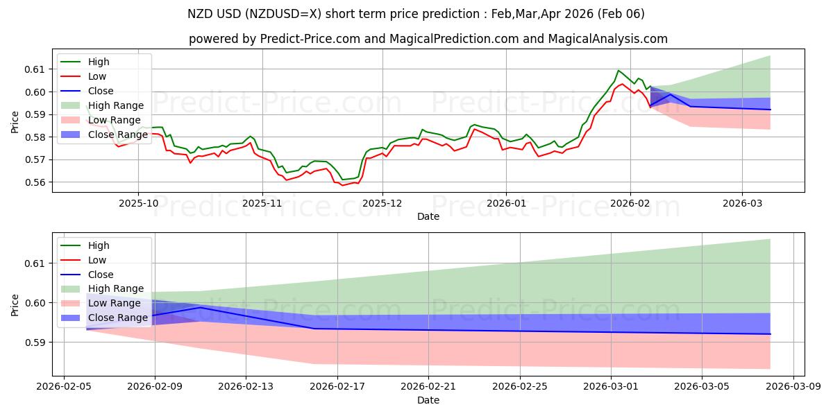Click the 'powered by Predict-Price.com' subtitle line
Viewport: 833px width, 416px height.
(x=428, y=39)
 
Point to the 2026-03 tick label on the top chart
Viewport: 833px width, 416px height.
(x=742, y=204)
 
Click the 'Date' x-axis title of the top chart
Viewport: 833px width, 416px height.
(x=428, y=216)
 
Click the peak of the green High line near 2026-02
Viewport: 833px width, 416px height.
(x=618, y=70)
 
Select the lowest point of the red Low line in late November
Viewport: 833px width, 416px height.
(x=342, y=185)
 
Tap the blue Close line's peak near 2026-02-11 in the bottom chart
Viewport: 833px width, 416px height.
(x=201, y=307)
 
